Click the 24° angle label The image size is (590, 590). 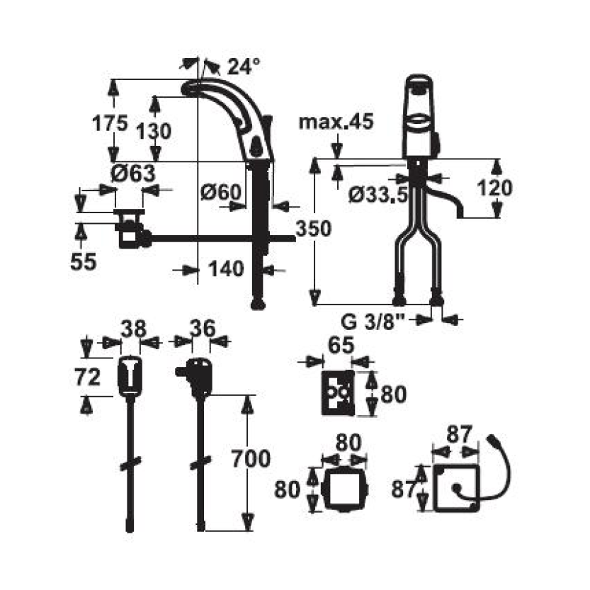click(x=244, y=67)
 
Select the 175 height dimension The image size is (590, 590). click(x=110, y=123)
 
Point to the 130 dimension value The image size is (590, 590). click(x=154, y=131)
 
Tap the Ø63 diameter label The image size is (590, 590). click(x=133, y=174)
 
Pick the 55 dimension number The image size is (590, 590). click(x=83, y=261)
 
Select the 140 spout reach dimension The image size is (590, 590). click(x=226, y=269)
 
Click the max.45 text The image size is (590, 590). click(x=336, y=122)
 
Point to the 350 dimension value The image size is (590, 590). click(x=314, y=228)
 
